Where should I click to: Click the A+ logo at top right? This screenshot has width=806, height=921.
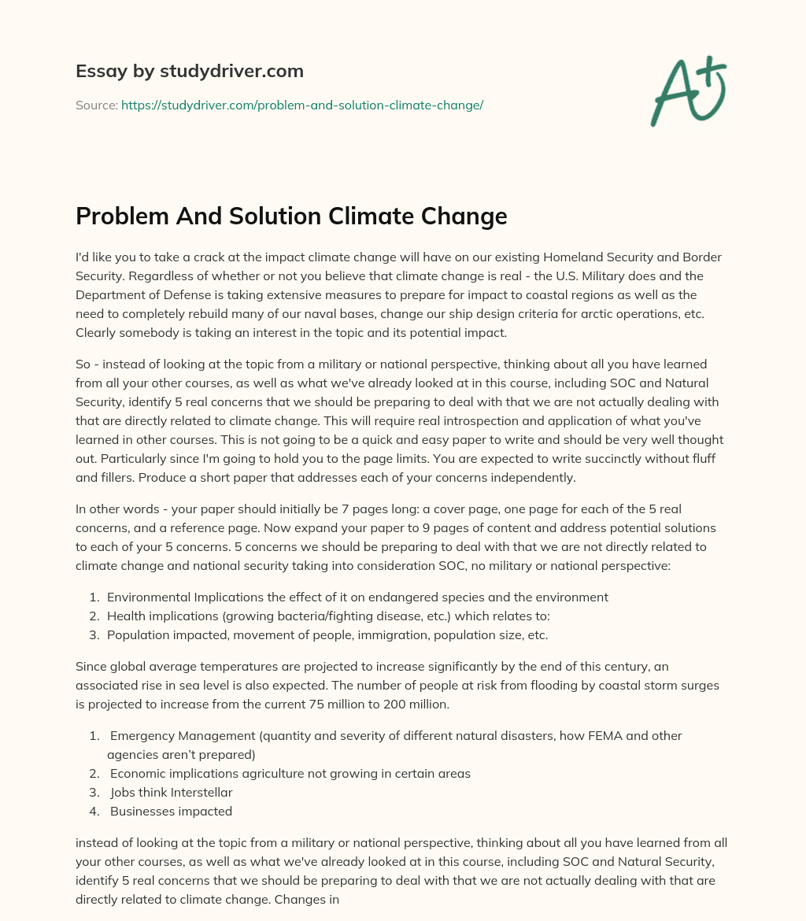click(686, 90)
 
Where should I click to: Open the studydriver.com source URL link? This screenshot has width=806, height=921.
click(301, 105)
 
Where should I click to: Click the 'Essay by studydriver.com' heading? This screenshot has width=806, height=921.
click(190, 71)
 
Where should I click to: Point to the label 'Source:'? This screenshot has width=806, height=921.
click(96, 105)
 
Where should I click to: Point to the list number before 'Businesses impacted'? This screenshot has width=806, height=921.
click(93, 811)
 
